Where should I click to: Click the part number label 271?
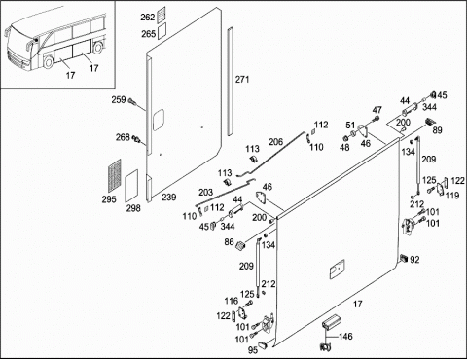[x=242, y=79]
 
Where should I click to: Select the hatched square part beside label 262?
[x=162, y=15]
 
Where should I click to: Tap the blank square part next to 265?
[x=162, y=31]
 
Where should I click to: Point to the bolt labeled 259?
[x=132, y=101]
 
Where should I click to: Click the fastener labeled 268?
[x=137, y=139]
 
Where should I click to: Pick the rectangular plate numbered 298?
[x=131, y=186]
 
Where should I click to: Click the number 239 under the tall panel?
[x=169, y=198]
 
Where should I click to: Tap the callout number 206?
[x=275, y=142]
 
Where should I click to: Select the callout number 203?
[x=205, y=193]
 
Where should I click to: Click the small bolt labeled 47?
[x=377, y=119]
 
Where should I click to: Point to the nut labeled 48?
[x=345, y=138]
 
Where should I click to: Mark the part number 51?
[x=350, y=125]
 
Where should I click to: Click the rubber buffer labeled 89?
[x=430, y=122]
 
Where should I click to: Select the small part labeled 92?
[x=404, y=259]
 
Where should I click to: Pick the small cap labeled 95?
[x=263, y=344]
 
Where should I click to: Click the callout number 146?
[x=345, y=337]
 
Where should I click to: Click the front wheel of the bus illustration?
[x=48, y=62]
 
